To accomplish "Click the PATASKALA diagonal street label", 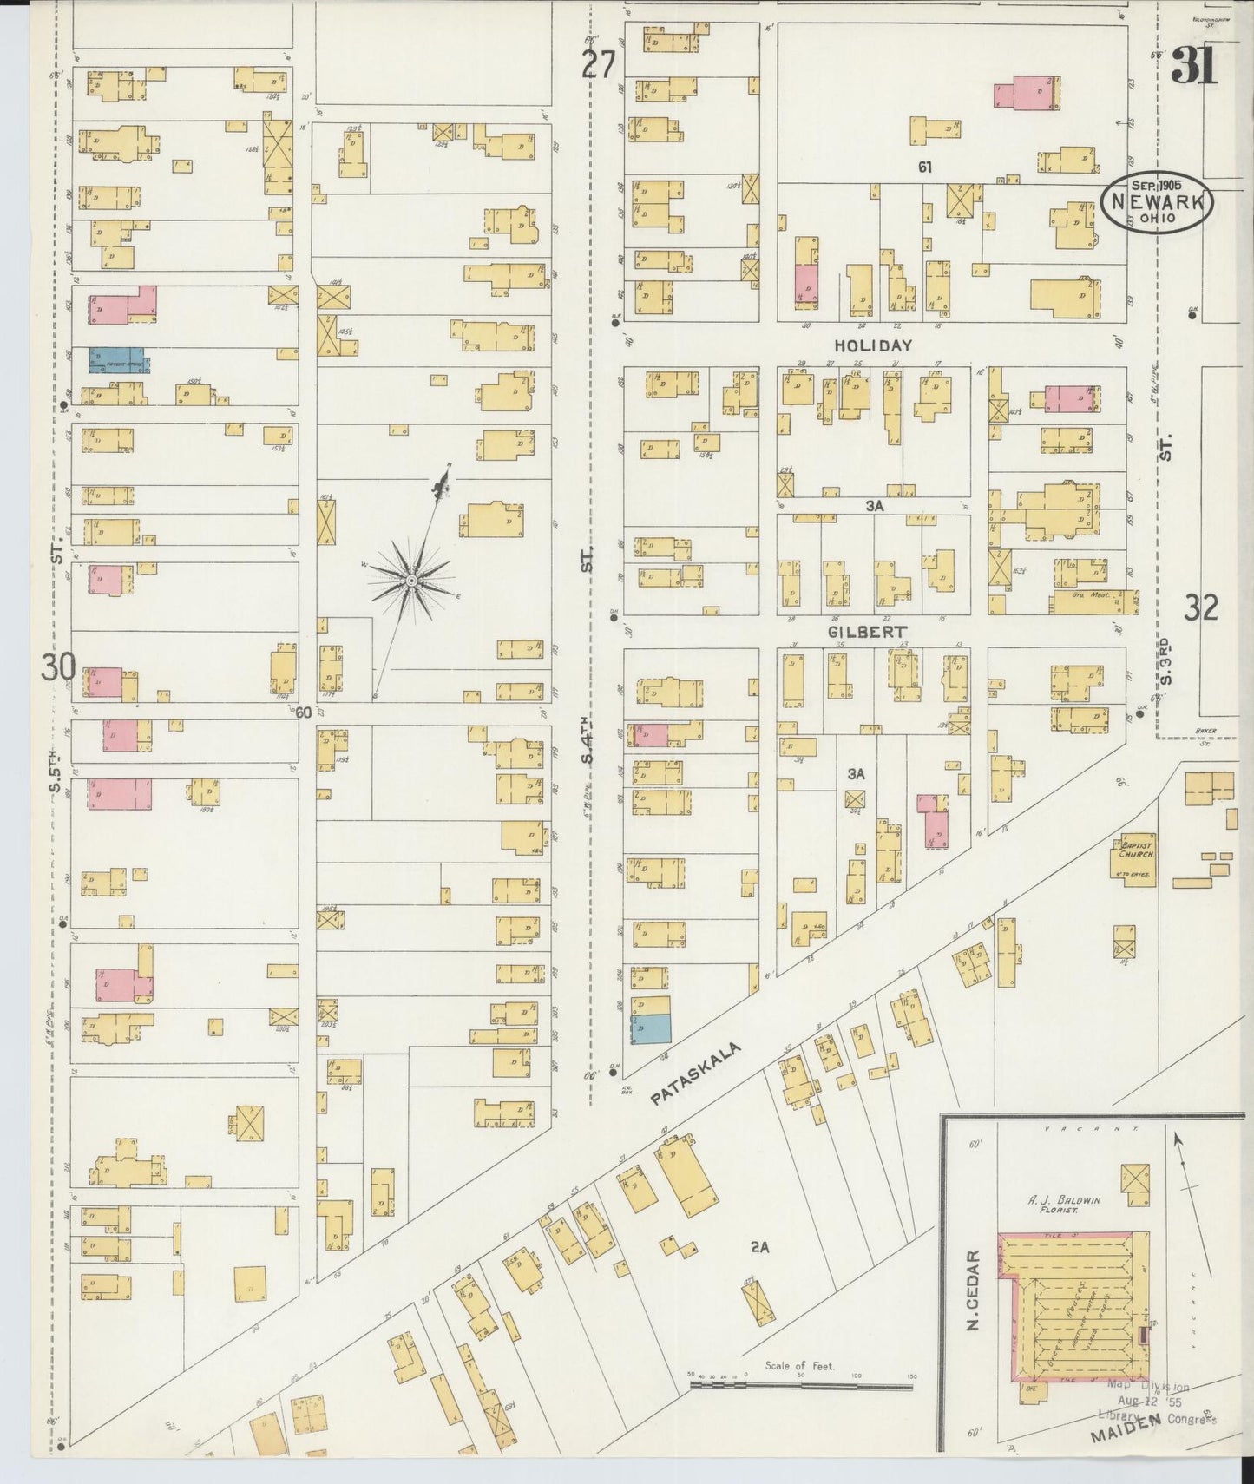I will [x=696, y=1074].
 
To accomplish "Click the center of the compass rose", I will [x=411, y=579].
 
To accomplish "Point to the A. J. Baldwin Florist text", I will [x=1065, y=1205].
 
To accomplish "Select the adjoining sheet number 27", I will [x=599, y=65].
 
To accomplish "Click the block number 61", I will [x=925, y=167].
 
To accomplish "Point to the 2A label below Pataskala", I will [x=760, y=1248].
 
